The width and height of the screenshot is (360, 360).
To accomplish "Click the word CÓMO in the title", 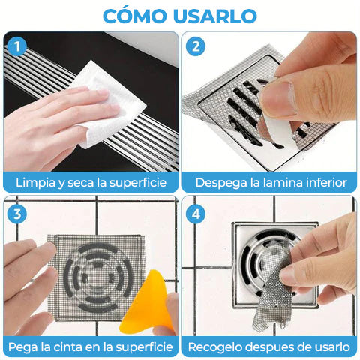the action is coord(135,16).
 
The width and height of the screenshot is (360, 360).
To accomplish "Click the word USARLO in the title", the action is coord(215,16).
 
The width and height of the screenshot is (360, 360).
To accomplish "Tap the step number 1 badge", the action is coord(17,46).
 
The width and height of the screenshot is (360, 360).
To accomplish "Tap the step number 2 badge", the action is coord(196,46).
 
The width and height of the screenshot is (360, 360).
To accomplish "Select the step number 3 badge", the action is coord(17,214).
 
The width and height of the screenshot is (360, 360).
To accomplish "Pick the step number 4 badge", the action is coord(196,214).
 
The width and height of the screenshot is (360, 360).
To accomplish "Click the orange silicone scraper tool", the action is coord(148,303).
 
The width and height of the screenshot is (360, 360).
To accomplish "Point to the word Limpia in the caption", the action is coord(35,183).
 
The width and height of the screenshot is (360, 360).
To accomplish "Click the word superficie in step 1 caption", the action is coord(138,183).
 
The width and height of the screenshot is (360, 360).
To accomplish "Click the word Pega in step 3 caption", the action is coord(22,347).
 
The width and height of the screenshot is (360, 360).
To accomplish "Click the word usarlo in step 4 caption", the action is coord(332,346).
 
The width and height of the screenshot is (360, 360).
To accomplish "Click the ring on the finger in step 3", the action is coord(33,280).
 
